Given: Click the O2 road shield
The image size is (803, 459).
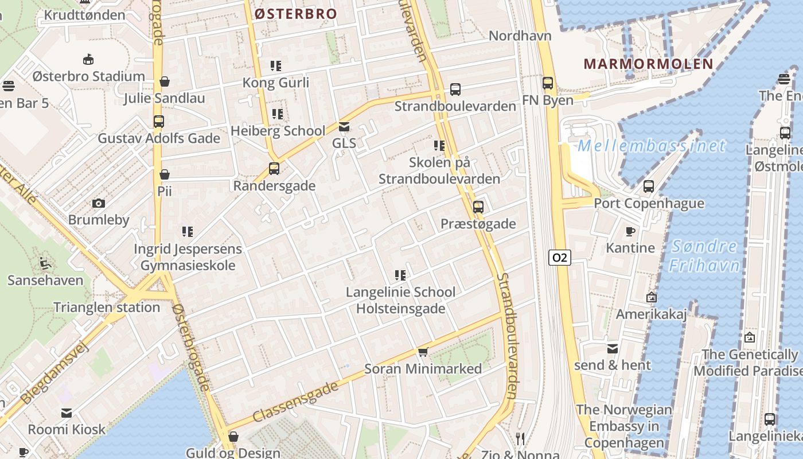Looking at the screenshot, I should tap(559, 258).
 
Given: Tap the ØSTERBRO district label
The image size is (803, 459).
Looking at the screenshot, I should tap(295, 14).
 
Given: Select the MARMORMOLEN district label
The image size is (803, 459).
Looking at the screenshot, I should tap(648, 64).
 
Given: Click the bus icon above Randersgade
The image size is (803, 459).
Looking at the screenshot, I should tap(274, 169).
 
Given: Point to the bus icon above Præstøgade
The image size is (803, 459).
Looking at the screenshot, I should tap(478, 207).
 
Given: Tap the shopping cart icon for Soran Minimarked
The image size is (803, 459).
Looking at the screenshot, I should tap(423, 352).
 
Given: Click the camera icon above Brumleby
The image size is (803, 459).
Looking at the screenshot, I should tap(99, 203).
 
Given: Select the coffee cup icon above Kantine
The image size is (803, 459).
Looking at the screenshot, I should tap(630, 231).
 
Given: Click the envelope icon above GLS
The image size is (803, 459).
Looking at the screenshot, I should tap(344, 127).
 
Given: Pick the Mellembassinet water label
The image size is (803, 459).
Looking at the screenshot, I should tap(652, 146).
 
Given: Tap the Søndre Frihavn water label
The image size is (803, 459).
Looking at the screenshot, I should tap(704, 256).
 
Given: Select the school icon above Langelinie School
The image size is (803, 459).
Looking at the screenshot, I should tap(400, 275).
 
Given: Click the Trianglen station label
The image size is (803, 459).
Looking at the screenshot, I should tap(107, 307).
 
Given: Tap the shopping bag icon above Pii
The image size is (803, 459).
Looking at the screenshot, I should tap(165, 174).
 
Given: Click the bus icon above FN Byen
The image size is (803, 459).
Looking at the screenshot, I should tap(548, 83).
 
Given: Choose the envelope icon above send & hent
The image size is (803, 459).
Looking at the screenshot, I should tap(613, 348).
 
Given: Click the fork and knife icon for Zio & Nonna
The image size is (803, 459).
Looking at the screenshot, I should tap(520, 439).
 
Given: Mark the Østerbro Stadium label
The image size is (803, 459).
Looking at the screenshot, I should tap(88, 76).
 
